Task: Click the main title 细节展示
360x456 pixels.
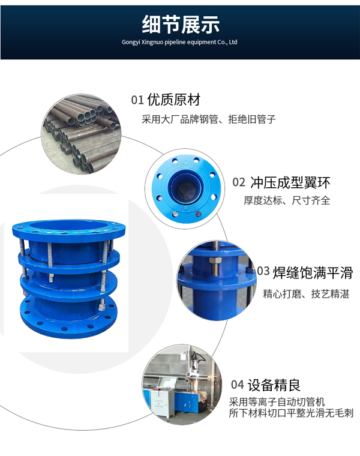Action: tap(180, 25)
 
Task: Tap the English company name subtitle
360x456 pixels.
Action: tap(179, 42)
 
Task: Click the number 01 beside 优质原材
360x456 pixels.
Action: tap(137, 100)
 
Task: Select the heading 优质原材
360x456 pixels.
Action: tap(173, 100)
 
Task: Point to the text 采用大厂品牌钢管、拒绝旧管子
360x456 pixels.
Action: tap(208, 119)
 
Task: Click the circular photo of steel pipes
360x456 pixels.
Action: tap(81, 134)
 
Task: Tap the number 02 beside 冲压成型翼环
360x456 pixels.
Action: tap(239, 182)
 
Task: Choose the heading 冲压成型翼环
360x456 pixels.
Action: tap(290, 182)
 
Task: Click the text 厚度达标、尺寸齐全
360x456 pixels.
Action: tap(287, 200)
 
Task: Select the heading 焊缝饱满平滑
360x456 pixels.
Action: tap(313, 273)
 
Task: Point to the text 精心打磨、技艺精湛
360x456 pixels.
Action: tap(306, 294)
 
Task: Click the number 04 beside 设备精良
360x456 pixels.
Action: tap(237, 385)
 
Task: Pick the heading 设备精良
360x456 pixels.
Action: tap(274, 385)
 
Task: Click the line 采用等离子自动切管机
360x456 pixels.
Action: tap(277, 402)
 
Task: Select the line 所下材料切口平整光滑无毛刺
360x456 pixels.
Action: tap(291, 413)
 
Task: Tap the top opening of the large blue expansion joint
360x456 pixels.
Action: tap(68, 226)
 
